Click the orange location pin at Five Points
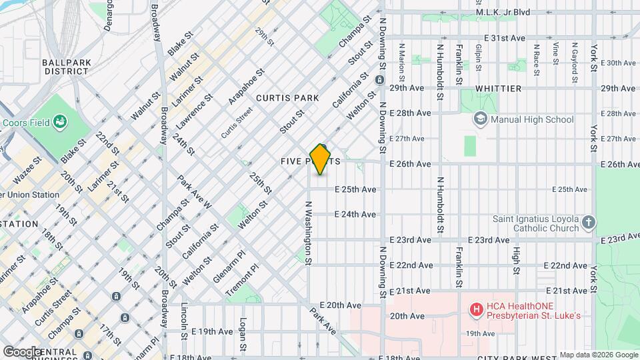click(x=321, y=159)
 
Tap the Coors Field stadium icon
click(x=61, y=122)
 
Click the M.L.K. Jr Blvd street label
click(x=521, y=12)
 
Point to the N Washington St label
click(x=309, y=233)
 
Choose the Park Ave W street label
click(x=195, y=192)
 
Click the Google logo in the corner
click(x=22, y=351)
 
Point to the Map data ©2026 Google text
click(x=598, y=355)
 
